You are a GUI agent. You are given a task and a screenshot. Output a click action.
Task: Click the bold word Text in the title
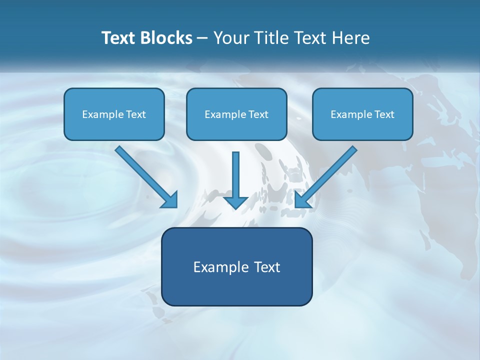click(118, 38)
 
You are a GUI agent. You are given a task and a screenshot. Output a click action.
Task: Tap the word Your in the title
click(231, 38)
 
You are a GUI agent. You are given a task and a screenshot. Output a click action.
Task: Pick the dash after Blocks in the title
click(202, 38)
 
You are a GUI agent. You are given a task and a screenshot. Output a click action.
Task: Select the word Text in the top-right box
click(384, 114)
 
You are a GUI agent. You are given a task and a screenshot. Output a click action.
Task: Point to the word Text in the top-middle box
click(258, 114)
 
